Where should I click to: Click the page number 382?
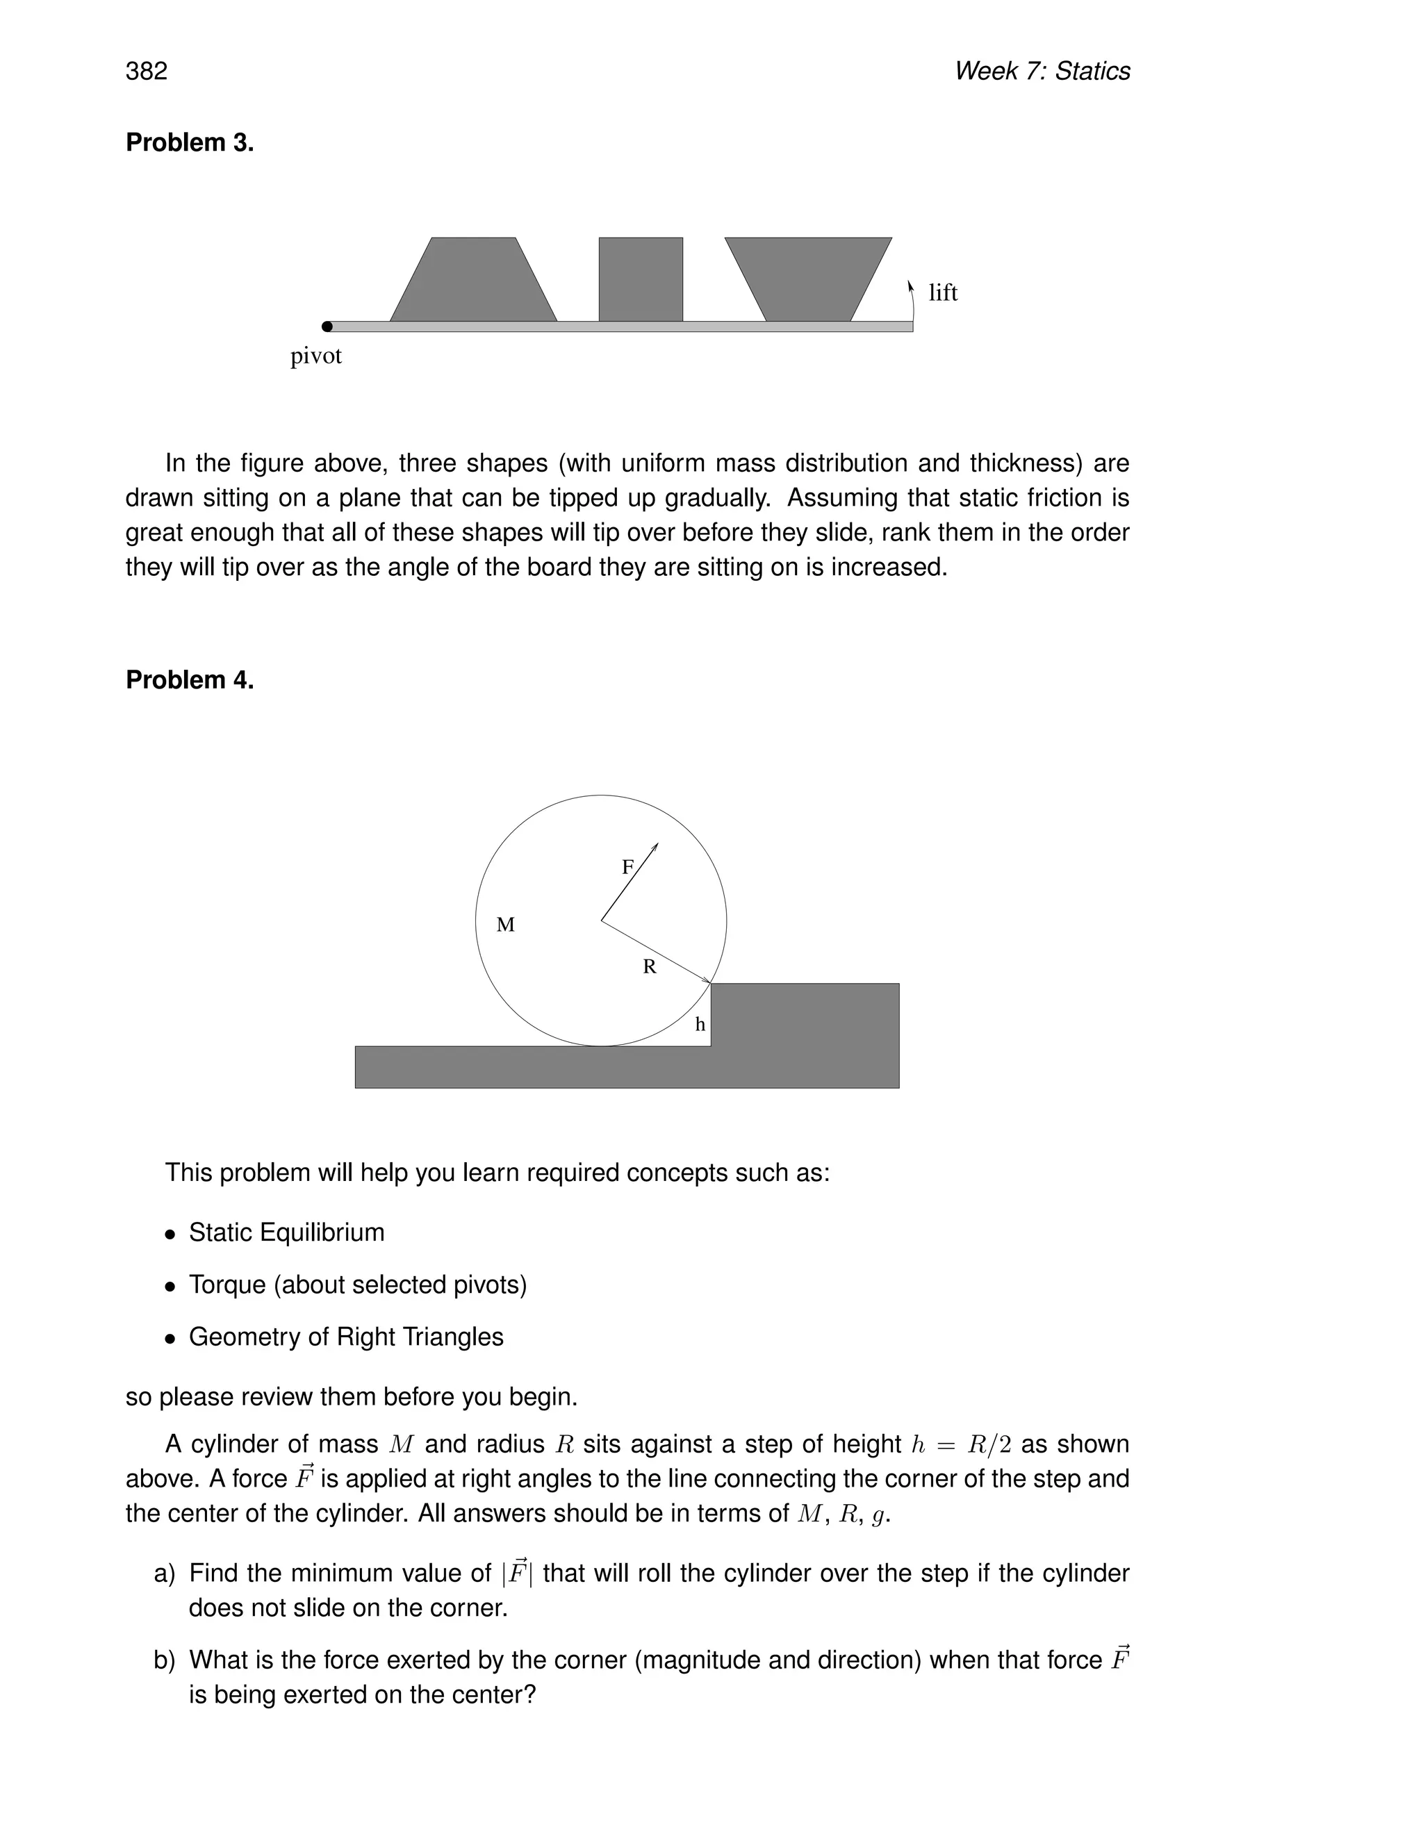(147, 71)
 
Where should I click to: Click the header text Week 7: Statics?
(1042, 71)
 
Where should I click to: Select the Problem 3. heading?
(190, 142)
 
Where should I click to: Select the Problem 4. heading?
(190, 679)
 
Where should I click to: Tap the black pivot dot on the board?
(327, 327)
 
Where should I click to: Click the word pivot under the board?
(316, 356)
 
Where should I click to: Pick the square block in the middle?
(641, 279)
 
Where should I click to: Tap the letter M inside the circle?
(505, 925)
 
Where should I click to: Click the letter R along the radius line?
(649, 967)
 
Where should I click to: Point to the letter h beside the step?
(700, 1024)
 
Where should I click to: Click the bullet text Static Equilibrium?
(287, 1232)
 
